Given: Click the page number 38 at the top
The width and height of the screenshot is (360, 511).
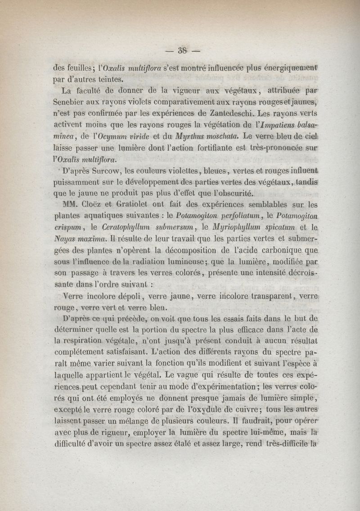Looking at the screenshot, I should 182,50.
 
